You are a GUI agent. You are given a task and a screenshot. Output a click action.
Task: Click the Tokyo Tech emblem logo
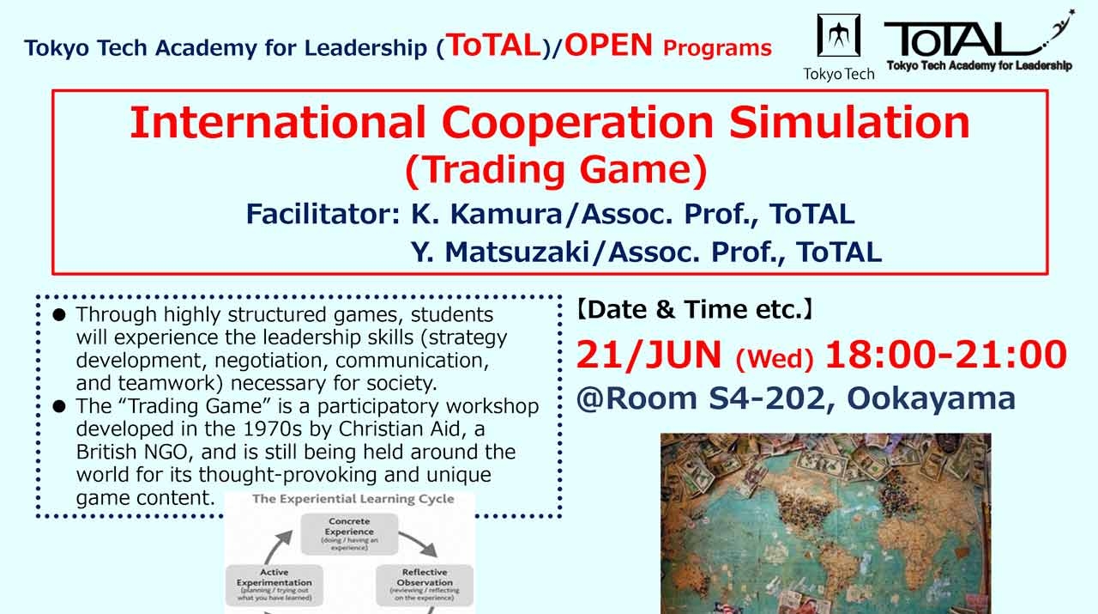point(838,37)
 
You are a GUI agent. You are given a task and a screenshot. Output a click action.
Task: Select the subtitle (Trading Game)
point(556,170)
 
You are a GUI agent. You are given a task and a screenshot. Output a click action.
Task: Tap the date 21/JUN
point(650,356)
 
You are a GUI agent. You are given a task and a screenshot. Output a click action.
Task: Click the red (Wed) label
point(775,359)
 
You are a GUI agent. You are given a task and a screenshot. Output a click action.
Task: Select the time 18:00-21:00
point(946,356)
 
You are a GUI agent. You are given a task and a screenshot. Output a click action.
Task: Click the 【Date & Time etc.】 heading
point(694,310)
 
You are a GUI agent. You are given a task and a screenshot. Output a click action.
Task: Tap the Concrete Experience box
point(349,532)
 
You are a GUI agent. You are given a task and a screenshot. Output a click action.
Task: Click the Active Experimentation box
point(274,583)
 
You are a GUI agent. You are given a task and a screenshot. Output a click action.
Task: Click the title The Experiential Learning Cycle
point(353,499)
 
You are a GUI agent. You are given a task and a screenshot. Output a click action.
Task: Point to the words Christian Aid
point(404,429)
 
